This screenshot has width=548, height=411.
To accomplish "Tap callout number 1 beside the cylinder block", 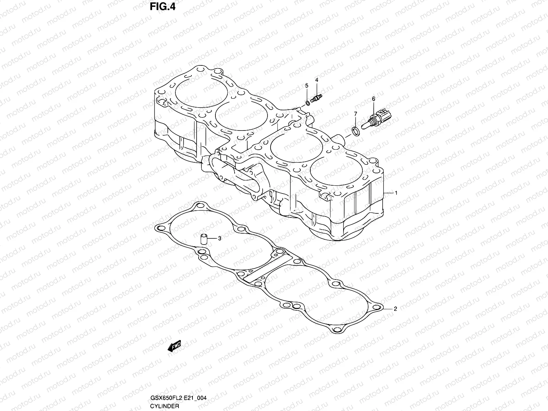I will pos(396,193).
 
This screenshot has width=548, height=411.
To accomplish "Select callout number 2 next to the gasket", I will pos(395,309).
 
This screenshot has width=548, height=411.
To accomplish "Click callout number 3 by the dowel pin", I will pos(220,238).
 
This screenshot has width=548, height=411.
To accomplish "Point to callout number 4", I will pos(317,80).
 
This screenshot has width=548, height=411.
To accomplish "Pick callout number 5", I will pos(307,85).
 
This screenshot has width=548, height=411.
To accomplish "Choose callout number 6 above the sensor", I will pos(373,99).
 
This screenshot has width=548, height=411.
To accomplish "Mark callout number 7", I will pos(356,113).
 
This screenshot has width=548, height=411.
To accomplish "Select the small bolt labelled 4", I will pos(317,99).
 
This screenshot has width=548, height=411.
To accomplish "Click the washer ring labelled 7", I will pos(356,130).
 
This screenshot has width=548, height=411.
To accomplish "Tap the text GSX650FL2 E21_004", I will pos(178,398).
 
